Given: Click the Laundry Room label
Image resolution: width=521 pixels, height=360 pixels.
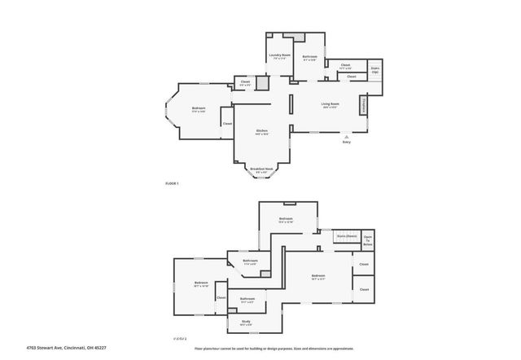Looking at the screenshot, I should [280, 55].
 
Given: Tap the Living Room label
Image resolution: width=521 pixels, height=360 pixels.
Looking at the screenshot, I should [330, 104].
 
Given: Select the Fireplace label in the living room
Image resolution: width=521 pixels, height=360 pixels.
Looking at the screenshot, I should [363, 105].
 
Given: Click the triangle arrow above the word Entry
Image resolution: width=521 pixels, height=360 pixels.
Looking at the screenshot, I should [347, 135].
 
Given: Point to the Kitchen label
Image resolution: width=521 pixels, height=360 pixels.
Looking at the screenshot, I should [262, 130].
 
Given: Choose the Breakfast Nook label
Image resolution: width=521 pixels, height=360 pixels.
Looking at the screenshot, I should [262, 169].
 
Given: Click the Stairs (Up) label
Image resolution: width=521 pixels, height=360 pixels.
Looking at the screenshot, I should [375, 71].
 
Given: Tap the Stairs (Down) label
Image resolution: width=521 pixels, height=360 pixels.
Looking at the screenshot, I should [347, 236].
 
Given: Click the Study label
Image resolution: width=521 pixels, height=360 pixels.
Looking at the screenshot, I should [246, 323].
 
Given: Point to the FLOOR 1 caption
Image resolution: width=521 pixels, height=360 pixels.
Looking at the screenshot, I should [172, 184].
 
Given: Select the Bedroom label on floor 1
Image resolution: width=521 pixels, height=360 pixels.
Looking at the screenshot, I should [199, 108].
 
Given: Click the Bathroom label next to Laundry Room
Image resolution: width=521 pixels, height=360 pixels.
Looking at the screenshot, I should [309, 56].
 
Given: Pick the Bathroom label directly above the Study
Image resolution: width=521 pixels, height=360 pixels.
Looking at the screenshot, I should [247, 299].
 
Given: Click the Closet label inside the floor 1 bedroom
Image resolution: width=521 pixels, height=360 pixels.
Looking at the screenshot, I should [227, 124].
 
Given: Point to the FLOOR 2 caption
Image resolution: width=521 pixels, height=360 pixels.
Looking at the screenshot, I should [180, 338].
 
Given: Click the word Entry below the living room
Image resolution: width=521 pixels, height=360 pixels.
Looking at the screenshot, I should [347, 142].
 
